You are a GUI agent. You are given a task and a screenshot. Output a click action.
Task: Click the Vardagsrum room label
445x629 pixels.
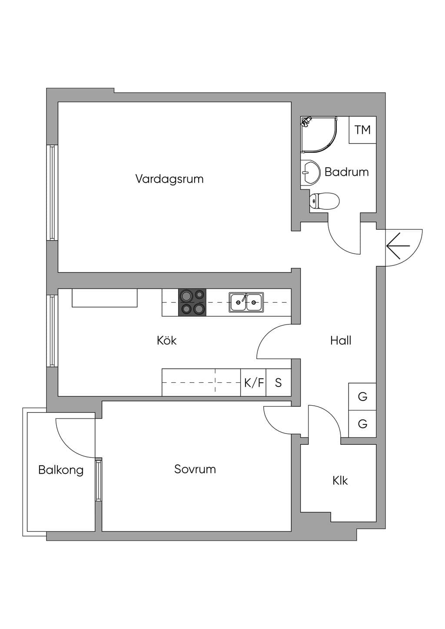(x=169, y=179)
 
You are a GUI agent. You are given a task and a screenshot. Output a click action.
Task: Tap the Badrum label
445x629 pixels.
(x=346, y=172)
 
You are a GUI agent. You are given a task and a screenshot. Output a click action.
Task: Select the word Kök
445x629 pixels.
(x=166, y=340)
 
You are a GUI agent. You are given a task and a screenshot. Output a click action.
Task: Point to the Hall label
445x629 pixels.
(x=341, y=340)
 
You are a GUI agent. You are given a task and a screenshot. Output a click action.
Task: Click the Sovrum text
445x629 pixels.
(x=195, y=469)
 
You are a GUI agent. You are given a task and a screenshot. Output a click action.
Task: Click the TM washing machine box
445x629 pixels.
(x=362, y=130)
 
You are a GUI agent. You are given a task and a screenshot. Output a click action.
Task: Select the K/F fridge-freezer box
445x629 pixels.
(x=253, y=382)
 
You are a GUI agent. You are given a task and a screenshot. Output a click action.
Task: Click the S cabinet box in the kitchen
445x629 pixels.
(x=279, y=382)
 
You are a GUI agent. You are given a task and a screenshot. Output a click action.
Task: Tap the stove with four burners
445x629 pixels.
(x=192, y=302)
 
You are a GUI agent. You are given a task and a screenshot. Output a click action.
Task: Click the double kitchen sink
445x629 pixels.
(x=246, y=302)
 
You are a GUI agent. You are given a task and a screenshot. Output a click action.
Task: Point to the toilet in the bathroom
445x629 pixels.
(x=325, y=201)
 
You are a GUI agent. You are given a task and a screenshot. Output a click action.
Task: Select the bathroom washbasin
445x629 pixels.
(x=310, y=173)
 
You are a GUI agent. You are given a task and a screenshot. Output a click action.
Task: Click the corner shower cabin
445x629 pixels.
(x=319, y=135)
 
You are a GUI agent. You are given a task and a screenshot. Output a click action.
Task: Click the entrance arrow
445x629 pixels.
(x=398, y=246)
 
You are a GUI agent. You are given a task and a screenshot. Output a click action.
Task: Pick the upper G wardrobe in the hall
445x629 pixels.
(x=362, y=397)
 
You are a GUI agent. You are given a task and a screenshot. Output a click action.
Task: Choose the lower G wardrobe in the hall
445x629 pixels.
(x=362, y=424)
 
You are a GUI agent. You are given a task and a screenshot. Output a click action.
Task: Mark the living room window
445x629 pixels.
(x=52, y=192)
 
